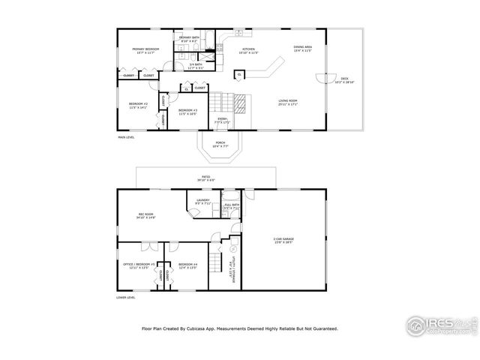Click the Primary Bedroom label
140,50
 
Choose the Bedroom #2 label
136,106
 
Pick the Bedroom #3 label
187,112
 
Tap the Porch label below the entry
220,144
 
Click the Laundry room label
204,202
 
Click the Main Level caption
126,137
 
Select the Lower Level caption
126,298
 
